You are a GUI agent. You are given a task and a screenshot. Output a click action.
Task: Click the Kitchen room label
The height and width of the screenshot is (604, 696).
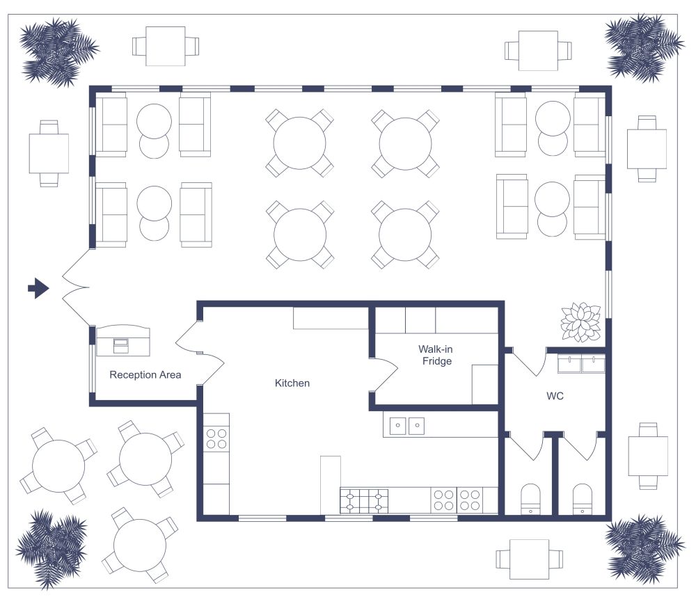click(x=292, y=383)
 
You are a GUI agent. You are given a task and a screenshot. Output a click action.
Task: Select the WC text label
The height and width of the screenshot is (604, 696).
click(x=555, y=397)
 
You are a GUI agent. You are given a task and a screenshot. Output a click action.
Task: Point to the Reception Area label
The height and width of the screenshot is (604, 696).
click(x=145, y=375)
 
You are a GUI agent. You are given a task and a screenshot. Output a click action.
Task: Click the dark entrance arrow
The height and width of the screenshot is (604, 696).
click(x=38, y=287)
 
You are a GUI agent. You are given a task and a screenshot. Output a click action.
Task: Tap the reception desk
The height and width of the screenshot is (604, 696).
click(x=122, y=340)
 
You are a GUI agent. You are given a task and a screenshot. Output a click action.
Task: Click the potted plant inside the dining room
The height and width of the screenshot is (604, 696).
click(x=580, y=321)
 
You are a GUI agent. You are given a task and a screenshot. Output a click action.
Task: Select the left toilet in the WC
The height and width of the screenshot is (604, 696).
click(x=530, y=498)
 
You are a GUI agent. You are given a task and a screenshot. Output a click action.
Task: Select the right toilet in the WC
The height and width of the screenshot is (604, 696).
click(x=582, y=498)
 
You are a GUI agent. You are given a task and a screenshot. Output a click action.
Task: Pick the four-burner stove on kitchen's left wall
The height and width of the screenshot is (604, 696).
click(x=216, y=438)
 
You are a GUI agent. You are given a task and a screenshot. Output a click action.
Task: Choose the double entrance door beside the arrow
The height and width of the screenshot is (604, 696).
click(x=75, y=287)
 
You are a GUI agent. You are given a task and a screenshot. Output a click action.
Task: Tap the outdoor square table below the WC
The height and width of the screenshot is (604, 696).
click(x=528, y=559)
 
